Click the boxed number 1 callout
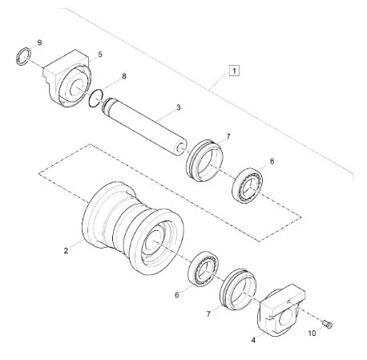[x=233, y=71]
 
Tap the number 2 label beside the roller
[x=66, y=250]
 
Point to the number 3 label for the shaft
[x=177, y=107]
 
